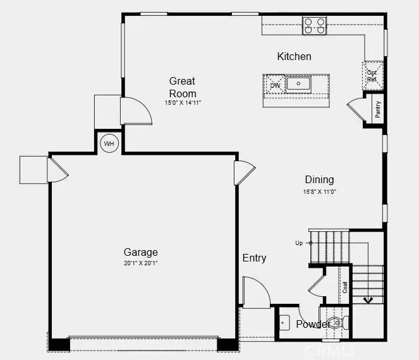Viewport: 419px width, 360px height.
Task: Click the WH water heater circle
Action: click(x=109, y=144)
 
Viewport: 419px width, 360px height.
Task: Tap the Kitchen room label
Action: click(x=294, y=56)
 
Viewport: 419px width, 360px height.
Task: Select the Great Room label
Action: click(x=182, y=87)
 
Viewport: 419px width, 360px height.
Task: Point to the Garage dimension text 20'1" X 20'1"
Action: click(x=141, y=263)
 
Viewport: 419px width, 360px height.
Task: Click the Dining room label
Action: click(x=319, y=179)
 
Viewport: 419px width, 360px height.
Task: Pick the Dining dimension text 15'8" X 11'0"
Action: click(x=319, y=191)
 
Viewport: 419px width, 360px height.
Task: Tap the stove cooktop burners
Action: click(x=314, y=25)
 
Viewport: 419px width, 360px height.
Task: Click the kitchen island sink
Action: click(x=298, y=83)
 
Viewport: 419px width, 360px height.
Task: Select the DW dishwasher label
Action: click(x=275, y=85)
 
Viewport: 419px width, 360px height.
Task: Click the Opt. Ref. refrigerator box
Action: click(x=372, y=76)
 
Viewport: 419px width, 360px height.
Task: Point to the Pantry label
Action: click(x=377, y=109)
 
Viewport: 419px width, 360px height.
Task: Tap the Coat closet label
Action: click(x=345, y=287)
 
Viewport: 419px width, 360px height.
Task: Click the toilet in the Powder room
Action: click(x=336, y=323)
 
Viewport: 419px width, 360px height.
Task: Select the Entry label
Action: click(x=254, y=258)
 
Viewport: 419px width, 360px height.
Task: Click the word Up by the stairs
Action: click(x=298, y=243)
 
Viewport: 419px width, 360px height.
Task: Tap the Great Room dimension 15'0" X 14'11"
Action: click(x=183, y=102)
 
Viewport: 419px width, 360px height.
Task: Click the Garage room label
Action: click(x=140, y=252)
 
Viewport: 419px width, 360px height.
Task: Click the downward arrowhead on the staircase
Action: click(x=368, y=299)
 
